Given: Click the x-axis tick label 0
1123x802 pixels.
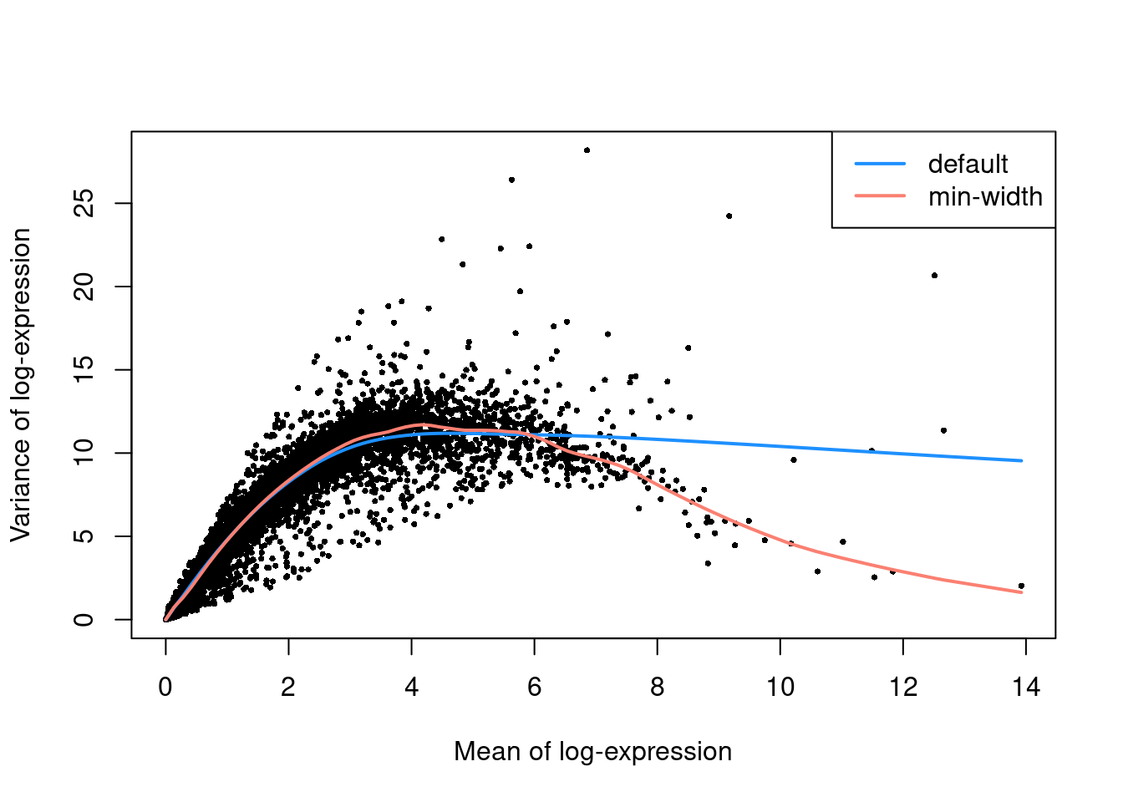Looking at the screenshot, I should point(165,688).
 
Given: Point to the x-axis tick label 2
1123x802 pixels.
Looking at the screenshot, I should point(288,688).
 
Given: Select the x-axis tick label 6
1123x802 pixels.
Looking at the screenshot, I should point(534,688).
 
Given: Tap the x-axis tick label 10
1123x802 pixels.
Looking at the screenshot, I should point(780,688).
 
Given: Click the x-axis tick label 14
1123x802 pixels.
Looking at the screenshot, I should point(1025,688).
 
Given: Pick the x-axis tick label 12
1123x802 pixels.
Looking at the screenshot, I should point(902,688).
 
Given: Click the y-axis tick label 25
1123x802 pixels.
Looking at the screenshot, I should point(84,203).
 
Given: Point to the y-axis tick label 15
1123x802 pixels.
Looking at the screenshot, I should point(84,369).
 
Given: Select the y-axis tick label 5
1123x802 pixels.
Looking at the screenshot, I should point(84,536).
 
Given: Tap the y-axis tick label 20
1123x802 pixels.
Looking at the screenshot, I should point(84,287).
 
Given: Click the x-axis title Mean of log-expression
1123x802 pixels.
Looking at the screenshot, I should point(592,752).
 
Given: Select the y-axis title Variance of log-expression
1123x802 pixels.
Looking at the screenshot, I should point(21,385).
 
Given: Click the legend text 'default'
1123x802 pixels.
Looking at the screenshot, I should point(968,165).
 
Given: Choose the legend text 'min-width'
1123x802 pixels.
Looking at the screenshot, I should point(985,197).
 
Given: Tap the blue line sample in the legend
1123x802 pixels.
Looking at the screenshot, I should point(880,164).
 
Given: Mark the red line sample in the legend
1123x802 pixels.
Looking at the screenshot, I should point(880,196).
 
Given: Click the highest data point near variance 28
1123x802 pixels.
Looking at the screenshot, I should point(587,150).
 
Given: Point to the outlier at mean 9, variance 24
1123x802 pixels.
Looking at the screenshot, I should point(729,216).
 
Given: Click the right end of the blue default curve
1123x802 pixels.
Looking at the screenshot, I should point(1021,460).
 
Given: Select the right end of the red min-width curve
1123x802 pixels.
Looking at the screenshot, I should point(1021,592).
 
